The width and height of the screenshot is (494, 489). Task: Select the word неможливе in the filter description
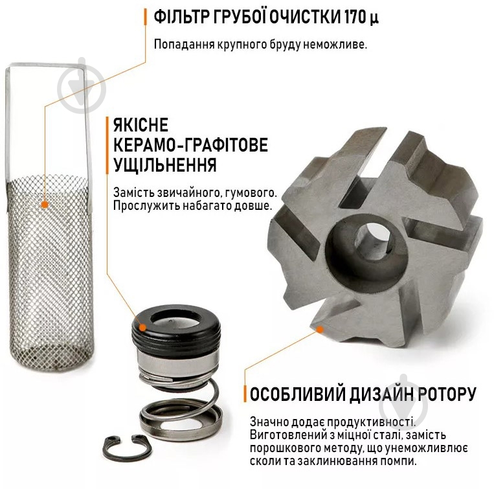[x=335, y=45]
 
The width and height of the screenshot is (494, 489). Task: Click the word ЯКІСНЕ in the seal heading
[x=140, y=125]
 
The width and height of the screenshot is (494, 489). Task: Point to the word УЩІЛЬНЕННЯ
[x=164, y=165]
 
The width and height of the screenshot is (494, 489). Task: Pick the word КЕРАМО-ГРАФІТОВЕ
[x=190, y=145]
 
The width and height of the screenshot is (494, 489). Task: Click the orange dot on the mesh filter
[x=45, y=205]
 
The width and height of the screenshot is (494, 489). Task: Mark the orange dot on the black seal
[x=142, y=328]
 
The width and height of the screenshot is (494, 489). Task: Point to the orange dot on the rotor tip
[x=320, y=330]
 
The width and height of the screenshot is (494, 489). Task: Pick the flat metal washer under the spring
[x=181, y=422]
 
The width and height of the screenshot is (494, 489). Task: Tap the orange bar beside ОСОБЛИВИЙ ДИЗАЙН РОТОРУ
[x=245, y=394]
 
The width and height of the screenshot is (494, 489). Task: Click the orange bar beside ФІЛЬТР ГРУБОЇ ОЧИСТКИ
[x=145, y=17]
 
